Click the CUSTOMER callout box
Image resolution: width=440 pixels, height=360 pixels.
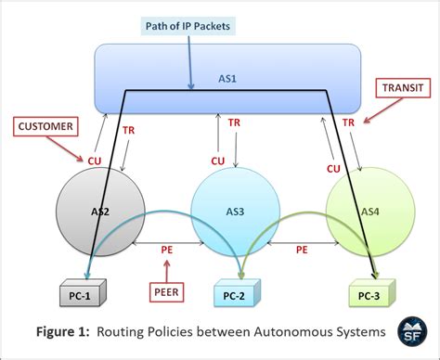(x=45, y=125)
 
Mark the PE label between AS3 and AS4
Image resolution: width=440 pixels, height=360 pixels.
(x=302, y=250)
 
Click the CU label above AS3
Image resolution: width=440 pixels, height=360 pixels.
(x=217, y=160)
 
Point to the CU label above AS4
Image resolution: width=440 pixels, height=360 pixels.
(x=332, y=167)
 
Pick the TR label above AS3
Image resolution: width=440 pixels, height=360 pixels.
(x=235, y=122)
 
